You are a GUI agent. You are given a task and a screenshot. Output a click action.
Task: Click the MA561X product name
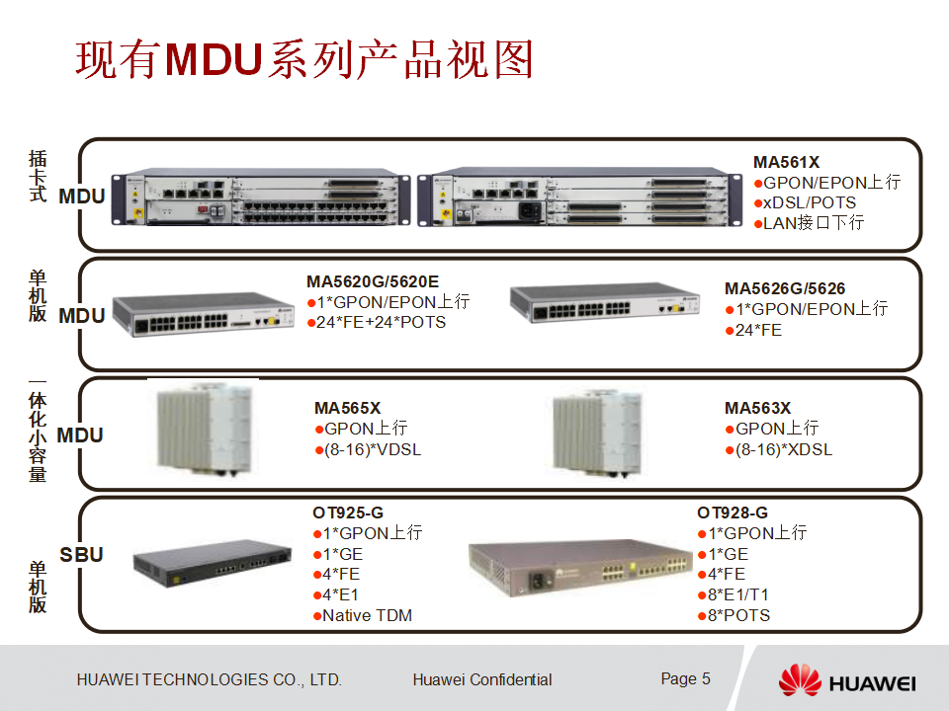[x=786, y=162]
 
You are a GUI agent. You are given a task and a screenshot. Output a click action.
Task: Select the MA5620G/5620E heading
[x=373, y=280]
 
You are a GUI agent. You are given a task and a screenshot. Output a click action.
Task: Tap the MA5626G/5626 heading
[x=785, y=288]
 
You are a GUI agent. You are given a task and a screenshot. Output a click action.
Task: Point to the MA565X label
[x=347, y=407]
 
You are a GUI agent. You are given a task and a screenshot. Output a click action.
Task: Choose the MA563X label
[x=757, y=407]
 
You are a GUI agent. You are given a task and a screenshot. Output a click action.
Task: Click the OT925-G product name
[x=348, y=512]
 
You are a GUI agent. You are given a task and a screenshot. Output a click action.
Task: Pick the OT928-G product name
[x=733, y=512]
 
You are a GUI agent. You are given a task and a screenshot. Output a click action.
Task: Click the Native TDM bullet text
[x=367, y=615]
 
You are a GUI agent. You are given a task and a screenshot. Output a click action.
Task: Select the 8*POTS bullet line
[x=738, y=615]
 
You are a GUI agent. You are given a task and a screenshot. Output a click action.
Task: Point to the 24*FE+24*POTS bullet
[x=381, y=322]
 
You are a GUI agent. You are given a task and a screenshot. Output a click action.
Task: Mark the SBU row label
[x=81, y=554]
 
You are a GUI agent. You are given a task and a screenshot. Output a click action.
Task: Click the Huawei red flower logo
[x=800, y=681]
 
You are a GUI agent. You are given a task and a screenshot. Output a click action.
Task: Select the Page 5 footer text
[x=685, y=678]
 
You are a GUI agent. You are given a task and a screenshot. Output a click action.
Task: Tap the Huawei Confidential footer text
[x=482, y=679]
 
